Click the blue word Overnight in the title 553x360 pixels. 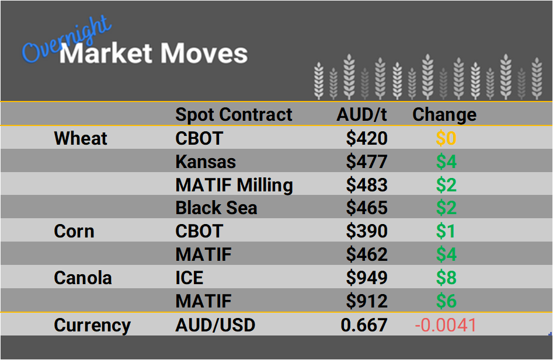pyautogui.click(x=65, y=40)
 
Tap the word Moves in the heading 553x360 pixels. pyautogui.click(x=204, y=54)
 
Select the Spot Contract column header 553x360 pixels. pyautogui.click(x=234, y=114)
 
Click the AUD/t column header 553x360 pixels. pyautogui.click(x=362, y=114)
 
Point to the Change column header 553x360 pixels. pyautogui.click(x=444, y=114)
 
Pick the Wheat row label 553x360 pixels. pyautogui.click(x=81, y=138)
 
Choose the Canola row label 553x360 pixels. pyautogui.click(x=82, y=278)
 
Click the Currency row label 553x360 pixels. pyautogui.click(x=92, y=324)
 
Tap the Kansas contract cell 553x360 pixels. pyautogui.click(x=206, y=162)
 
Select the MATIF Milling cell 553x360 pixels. pyautogui.click(x=234, y=185)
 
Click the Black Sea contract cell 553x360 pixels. pyautogui.click(x=216, y=208)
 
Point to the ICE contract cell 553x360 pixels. pyautogui.click(x=189, y=278)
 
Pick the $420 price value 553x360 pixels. pyautogui.click(x=367, y=138)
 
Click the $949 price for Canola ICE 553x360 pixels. pyautogui.click(x=367, y=278)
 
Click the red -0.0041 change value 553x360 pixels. pyautogui.click(x=446, y=324)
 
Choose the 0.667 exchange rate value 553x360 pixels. pyautogui.click(x=364, y=324)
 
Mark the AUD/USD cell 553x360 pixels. pyautogui.click(x=215, y=324)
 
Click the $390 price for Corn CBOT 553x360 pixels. pyautogui.click(x=367, y=231)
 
